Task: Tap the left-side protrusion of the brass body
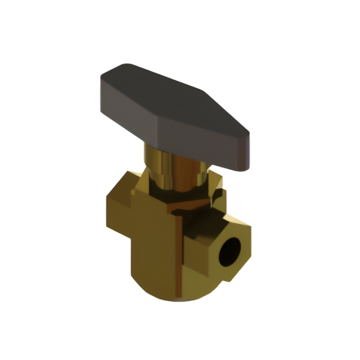pyautogui.click(x=117, y=207)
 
